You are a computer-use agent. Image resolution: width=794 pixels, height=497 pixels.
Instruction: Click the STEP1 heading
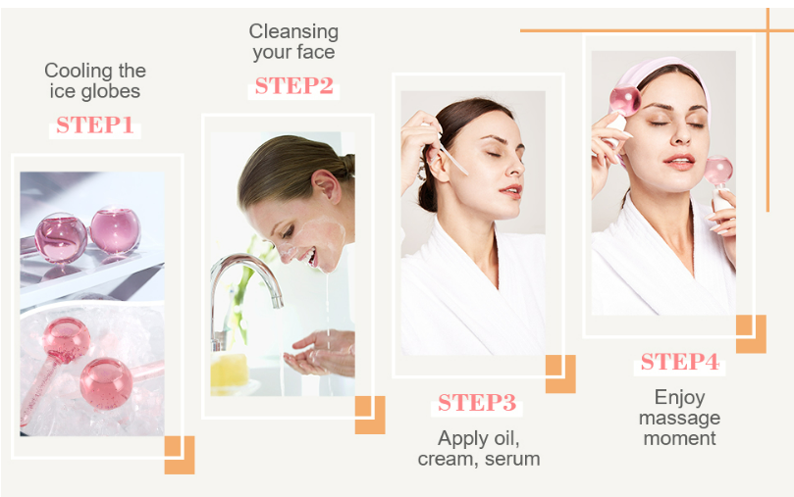94,124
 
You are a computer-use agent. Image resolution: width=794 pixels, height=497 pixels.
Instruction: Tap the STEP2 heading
293,86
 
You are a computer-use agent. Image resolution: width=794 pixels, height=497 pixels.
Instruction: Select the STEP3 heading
477,403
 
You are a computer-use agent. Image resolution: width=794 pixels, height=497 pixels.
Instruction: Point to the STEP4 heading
679,362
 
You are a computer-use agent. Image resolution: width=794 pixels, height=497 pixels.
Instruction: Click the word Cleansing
293,31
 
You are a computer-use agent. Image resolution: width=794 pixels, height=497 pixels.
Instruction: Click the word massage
679,419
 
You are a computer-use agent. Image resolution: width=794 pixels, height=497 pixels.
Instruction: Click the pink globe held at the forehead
625,100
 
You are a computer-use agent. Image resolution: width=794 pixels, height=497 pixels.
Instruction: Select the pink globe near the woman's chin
718,171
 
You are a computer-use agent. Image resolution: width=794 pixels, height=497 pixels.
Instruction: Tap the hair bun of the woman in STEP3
427,195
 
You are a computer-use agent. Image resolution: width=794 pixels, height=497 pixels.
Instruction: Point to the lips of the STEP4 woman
679,162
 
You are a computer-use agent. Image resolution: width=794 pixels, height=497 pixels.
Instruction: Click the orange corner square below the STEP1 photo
180,455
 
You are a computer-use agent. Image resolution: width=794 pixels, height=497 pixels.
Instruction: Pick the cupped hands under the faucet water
320,354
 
